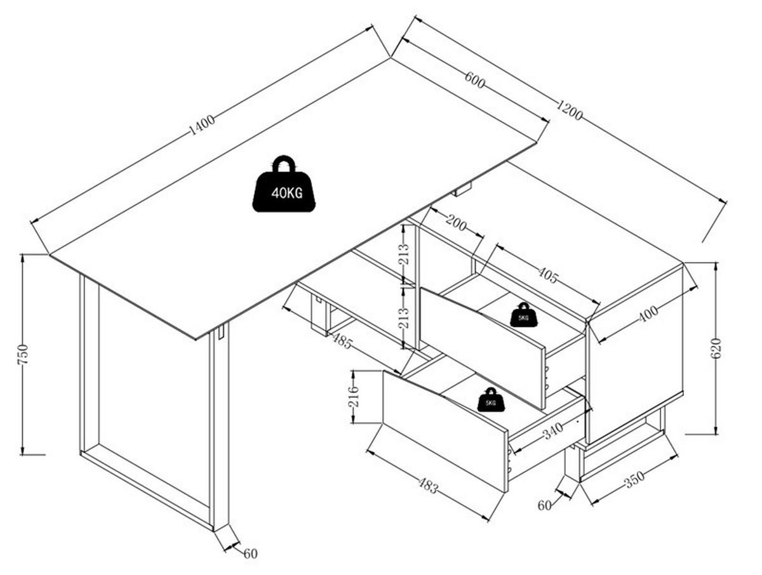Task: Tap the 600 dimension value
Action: point(474,79)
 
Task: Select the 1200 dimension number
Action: point(569,110)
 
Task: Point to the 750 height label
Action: point(23,354)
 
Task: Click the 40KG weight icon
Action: point(283,183)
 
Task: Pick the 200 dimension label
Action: point(455,223)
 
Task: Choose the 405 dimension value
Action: point(548,275)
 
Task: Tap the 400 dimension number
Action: point(648,314)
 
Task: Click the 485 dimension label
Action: point(342,341)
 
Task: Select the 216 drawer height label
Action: point(353,396)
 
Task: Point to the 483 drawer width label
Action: point(428,486)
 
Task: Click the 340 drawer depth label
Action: point(553,431)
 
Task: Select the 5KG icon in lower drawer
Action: point(490,400)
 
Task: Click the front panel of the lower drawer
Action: point(445,431)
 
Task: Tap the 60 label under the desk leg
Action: point(250,554)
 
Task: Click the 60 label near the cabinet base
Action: point(544,505)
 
